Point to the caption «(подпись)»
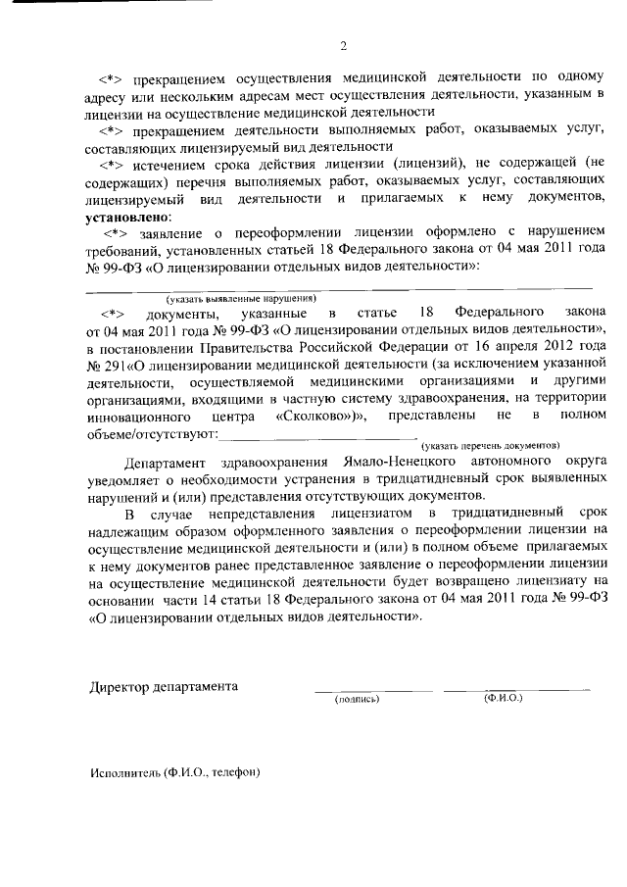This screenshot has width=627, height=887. (x=357, y=700)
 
